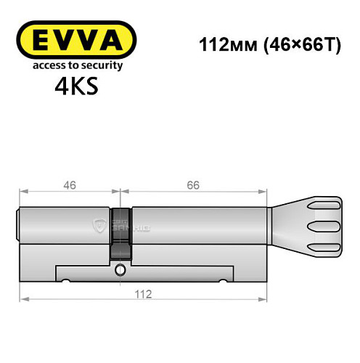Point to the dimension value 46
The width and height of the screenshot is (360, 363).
coord(69,186)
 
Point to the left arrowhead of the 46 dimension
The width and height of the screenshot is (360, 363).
coord(22,192)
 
